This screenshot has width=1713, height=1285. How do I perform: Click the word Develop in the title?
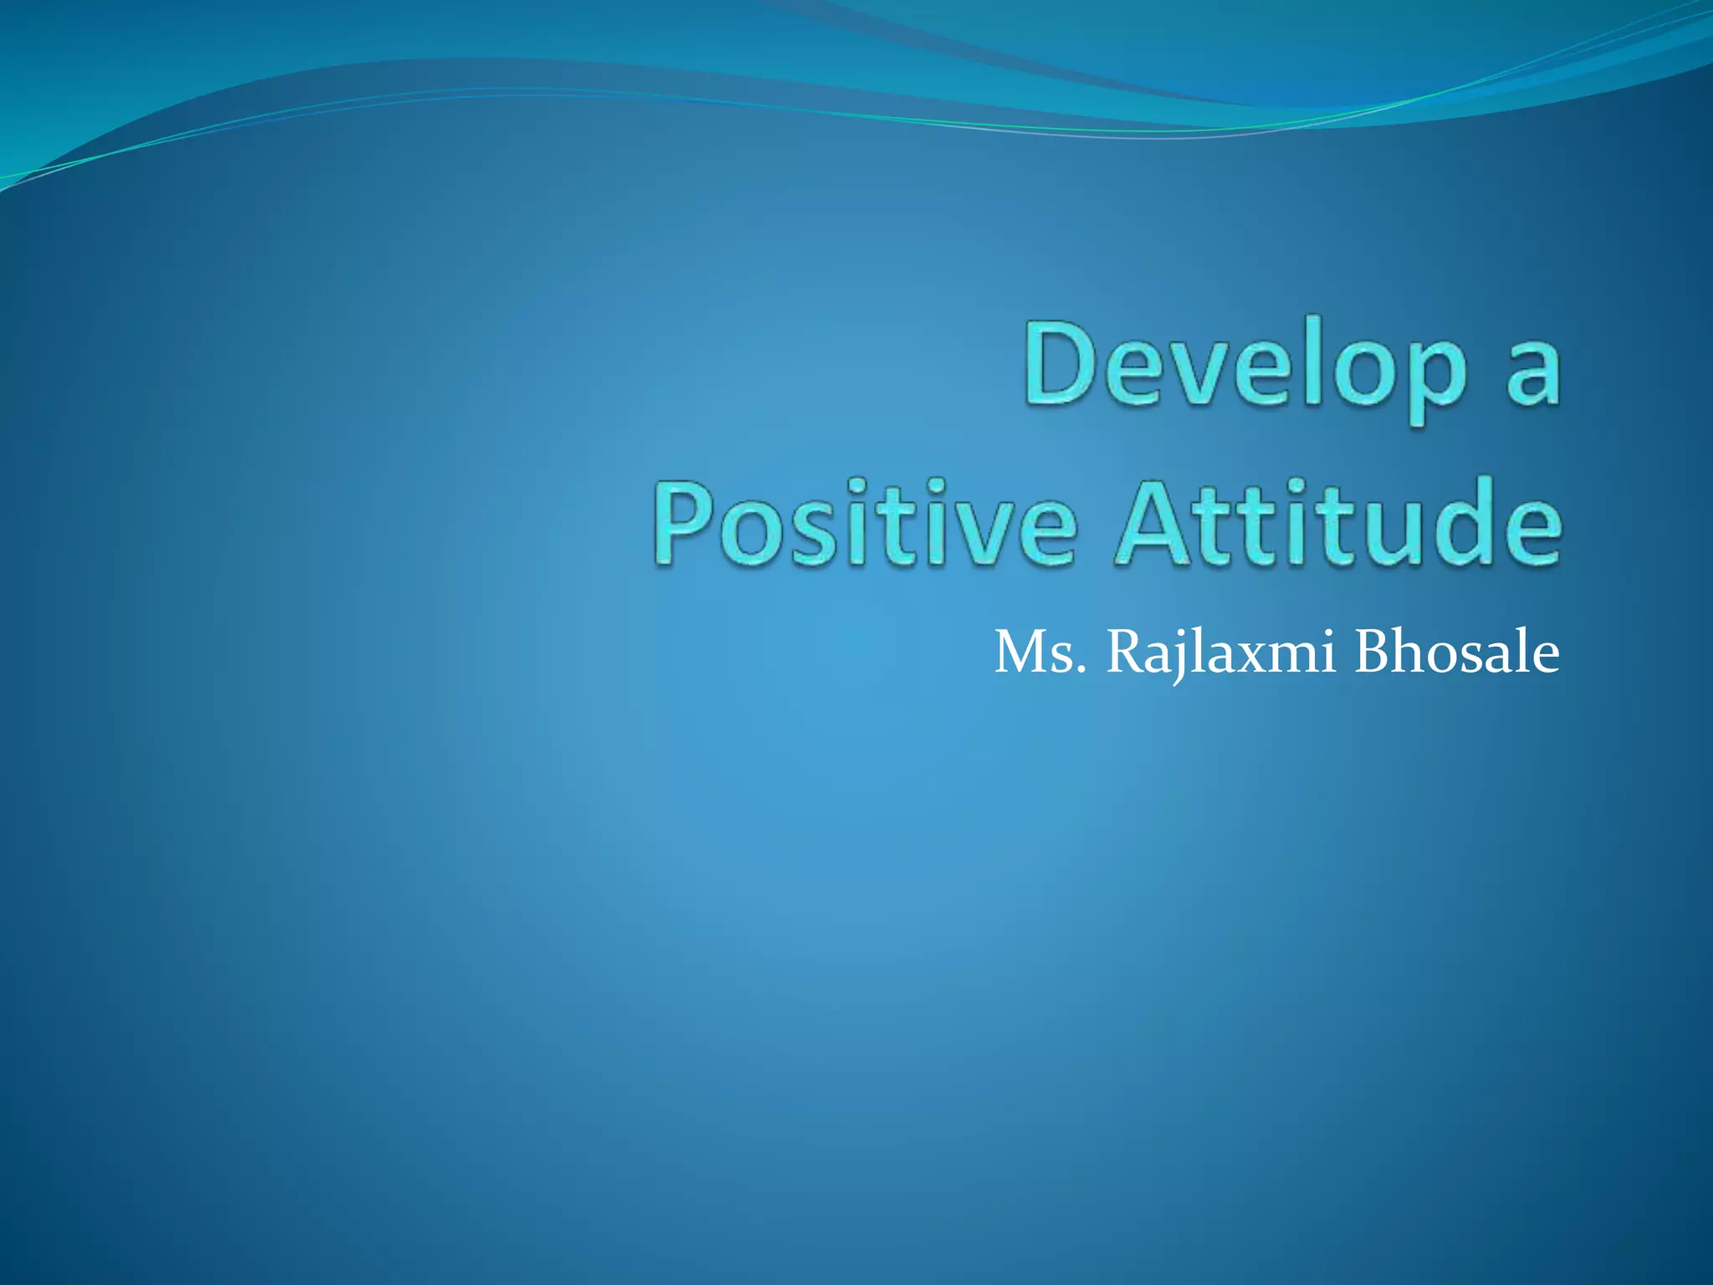[x=1246, y=368]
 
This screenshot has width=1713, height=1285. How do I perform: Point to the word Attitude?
[x=1338, y=523]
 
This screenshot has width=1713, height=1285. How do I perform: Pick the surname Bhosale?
[x=1456, y=653]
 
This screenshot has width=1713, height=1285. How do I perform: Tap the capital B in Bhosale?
[x=1372, y=653]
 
